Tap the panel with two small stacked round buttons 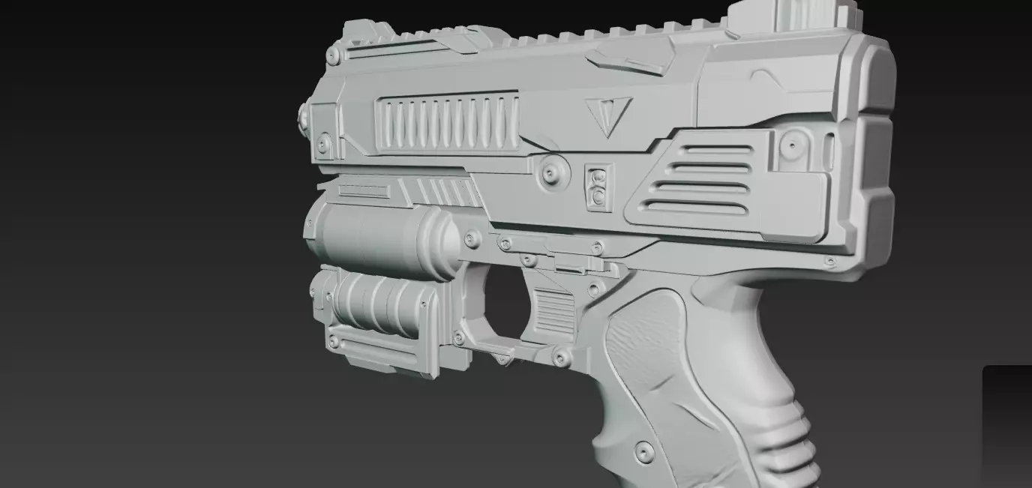(x=598, y=187)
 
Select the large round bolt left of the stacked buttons (x=553, y=172)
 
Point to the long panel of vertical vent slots (x=447, y=121)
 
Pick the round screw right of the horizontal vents (x=791, y=145)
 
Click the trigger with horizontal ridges (x=553, y=312)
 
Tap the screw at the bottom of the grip (x=643, y=451)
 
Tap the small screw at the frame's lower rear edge (x=829, y=262)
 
